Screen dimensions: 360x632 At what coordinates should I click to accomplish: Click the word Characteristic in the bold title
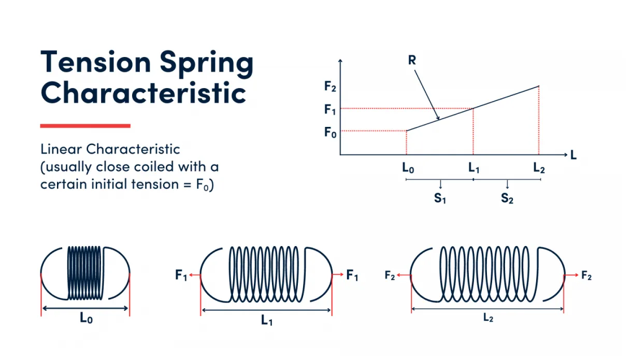point(143,94)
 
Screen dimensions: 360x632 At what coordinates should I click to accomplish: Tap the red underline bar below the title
point(85,126)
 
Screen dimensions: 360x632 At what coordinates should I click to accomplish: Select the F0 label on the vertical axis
point(330,132)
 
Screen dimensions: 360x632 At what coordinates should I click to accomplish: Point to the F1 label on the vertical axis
point(330,109)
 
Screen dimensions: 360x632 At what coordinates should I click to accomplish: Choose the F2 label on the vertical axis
point(330,87)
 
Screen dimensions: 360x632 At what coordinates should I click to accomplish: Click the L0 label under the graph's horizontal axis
point(407,168)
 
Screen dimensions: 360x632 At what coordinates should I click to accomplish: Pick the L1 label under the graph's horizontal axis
point(473,168)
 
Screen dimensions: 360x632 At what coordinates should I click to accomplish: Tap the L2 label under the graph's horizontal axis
point(539,168)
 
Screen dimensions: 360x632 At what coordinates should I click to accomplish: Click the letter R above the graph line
point(412,60)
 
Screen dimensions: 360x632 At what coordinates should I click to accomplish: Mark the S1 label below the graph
point(440,198)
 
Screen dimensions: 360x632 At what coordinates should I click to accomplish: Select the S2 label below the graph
point(507,198)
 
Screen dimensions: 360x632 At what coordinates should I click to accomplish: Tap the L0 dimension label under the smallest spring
point(86,319)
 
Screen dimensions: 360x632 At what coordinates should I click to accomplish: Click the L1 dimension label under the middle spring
point(266,321)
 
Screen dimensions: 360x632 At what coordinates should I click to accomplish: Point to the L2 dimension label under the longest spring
point(487,318)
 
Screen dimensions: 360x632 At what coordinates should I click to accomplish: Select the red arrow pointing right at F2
point(571,276)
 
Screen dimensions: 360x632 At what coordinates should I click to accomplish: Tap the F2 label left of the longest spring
point(390,276)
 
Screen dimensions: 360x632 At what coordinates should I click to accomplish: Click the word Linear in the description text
point(62,150)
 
